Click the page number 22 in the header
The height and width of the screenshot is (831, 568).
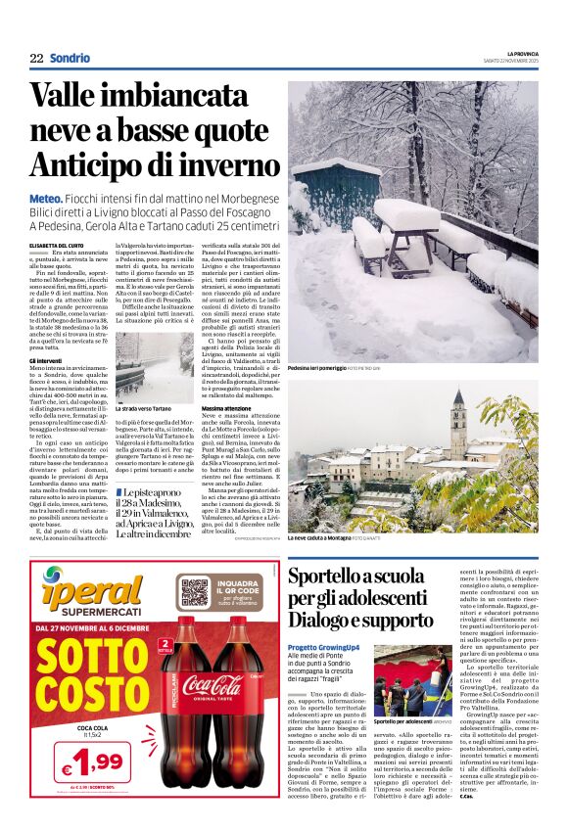tap(36, 59)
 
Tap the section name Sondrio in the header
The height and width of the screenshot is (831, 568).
tap(70, 59)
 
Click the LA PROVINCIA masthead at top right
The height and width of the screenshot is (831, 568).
tap(522, 53)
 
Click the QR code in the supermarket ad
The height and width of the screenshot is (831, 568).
tap(194, 591)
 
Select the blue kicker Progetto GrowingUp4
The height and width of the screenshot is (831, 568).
tap(322, 649)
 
